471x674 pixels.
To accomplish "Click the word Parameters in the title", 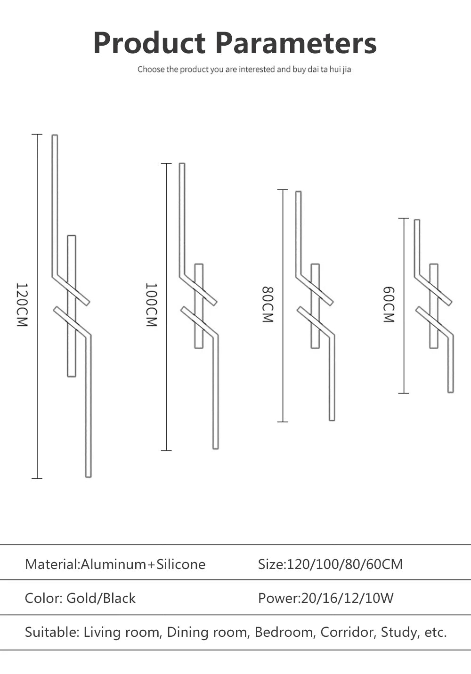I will tap(296, 43).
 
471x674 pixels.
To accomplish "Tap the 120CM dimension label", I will tap(22, 305).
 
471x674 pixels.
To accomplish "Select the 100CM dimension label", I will tap(151, 305).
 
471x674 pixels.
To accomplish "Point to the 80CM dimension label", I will tap(268, 305).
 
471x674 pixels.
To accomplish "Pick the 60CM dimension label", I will tap(388, 305).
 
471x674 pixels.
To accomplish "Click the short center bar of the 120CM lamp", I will tap(72, 306).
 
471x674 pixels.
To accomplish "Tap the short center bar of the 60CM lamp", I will tap(434, 306).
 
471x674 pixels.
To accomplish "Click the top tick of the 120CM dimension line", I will tap(37, 135).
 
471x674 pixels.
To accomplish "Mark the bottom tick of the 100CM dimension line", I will tap(166, 450).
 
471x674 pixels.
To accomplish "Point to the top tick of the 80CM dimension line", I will tap(282, 190).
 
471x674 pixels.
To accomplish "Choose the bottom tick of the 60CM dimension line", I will tap(404, 393).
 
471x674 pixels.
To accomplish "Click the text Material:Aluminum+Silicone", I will tap(115, 564).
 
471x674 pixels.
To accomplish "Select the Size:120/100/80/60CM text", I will tap(330, 564).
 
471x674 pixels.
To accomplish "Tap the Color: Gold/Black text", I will tap(80, 598).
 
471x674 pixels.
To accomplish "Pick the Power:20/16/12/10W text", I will tap(325, 598).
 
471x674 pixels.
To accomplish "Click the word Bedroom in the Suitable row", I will tap(284, 632).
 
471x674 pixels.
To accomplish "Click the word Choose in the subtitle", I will tap(151, 70).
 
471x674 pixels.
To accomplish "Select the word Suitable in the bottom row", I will tap(52, 632).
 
